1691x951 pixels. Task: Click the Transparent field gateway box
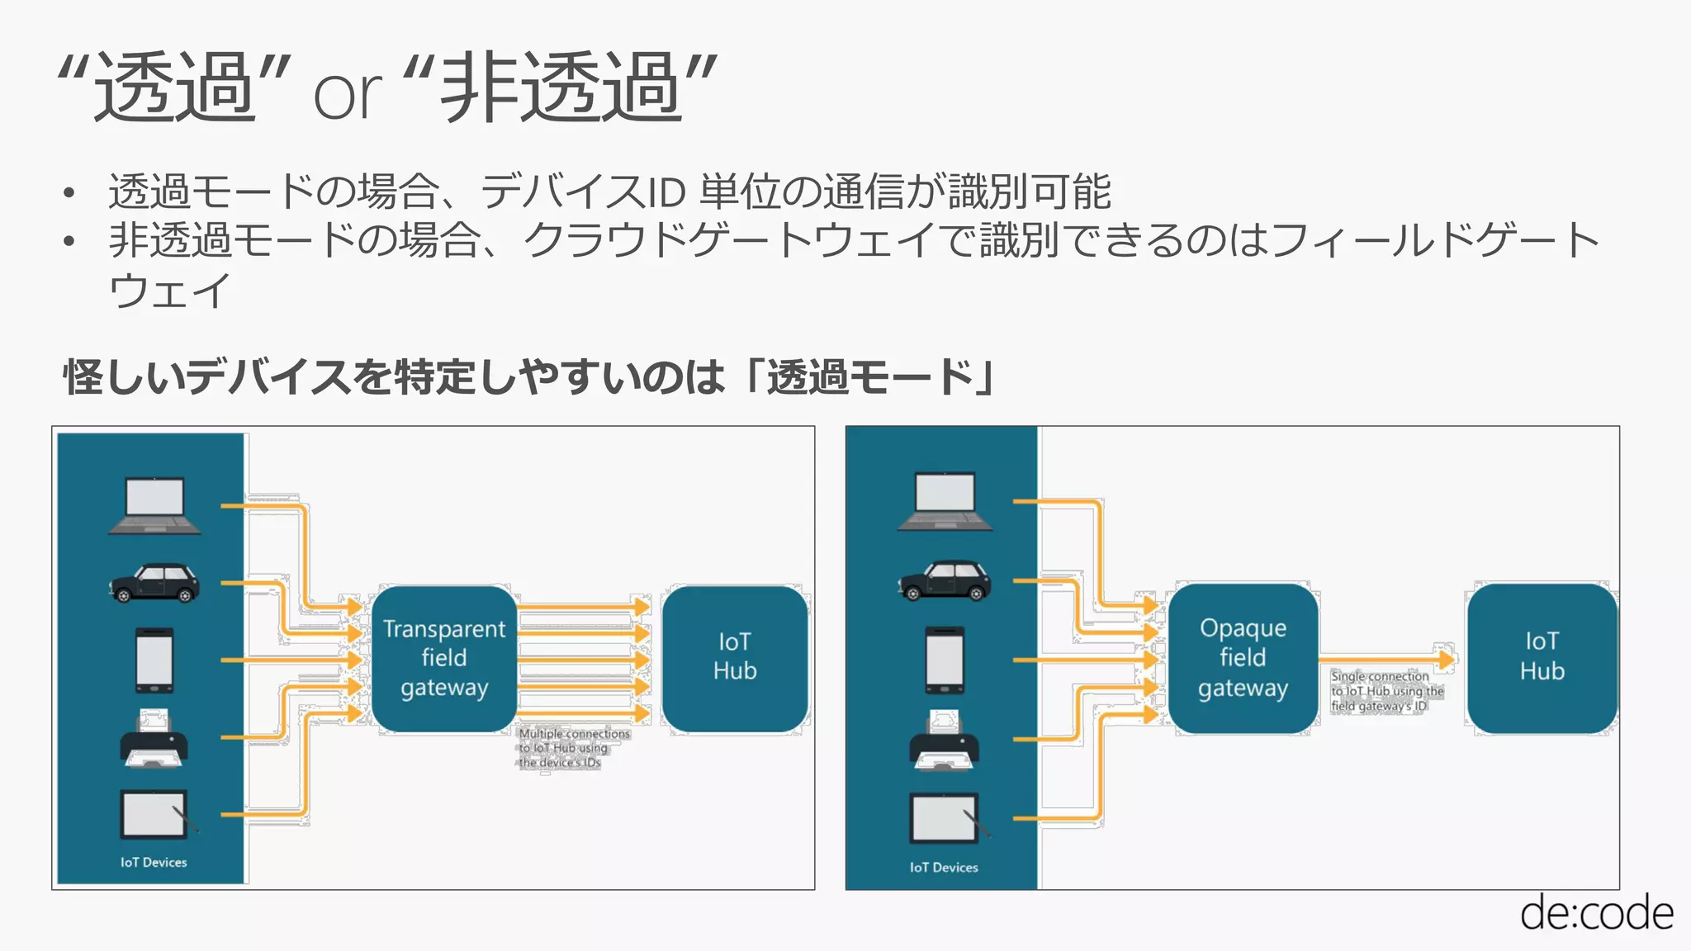pyautogui.click(x=444, y=658)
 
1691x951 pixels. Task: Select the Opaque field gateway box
pyautogui.click(x=1243, y=658)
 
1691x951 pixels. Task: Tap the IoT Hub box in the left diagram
pyautogui.click(x=734, y=657)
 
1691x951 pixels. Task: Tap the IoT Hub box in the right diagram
pyautogui.click(x=1542, y=657)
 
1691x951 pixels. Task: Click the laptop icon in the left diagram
pyautogui.click(x=154, y=505)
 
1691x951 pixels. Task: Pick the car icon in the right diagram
pyautogui.click(x=945, y=580)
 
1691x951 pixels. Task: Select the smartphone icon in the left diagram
pyautogui.click(x=154, y=660)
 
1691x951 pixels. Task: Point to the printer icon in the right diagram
pyautogui.click(x=944, y=740)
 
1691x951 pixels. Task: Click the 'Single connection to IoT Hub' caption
pyautogui.click(x=1386, y=691)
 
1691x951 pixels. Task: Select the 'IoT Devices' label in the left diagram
pyautogui.click(x=154, y=862)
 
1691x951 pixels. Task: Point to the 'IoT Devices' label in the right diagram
pyautogui.click(x=944, y=868)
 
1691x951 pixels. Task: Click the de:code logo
pyautogui.click(x=1596, y=914)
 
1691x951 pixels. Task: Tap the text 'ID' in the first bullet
pyautogui.click(x=665, y=193)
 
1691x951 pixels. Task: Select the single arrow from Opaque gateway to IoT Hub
pyautogui.click(x=1387, y=660)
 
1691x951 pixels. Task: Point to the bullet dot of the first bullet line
pyautogui.click(x=69, y=194)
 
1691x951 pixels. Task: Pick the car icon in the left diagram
pyautogui.click(x=154, y=583)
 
